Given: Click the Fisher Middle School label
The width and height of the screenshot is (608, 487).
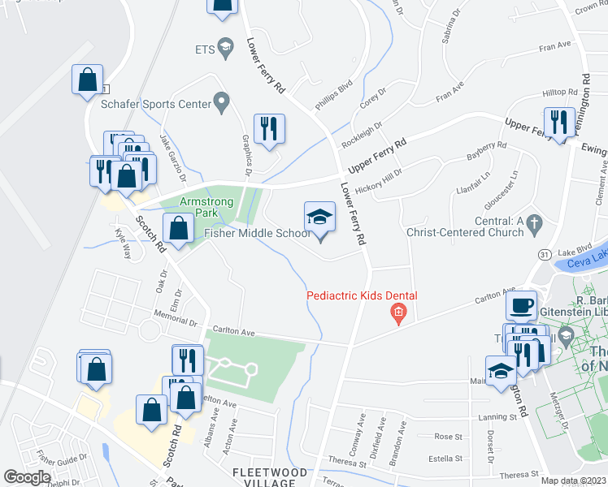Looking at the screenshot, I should click(258, 234).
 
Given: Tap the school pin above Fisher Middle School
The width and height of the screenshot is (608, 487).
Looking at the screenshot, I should click(319, 218).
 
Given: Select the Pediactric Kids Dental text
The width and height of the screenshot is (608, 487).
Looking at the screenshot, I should click(362, 295).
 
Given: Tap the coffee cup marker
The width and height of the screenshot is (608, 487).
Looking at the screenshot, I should click(521, 306).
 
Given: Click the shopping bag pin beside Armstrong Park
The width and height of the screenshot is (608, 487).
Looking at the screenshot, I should click(179, 229).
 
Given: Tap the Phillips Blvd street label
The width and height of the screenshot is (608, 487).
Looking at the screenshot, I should click(334, 95).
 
